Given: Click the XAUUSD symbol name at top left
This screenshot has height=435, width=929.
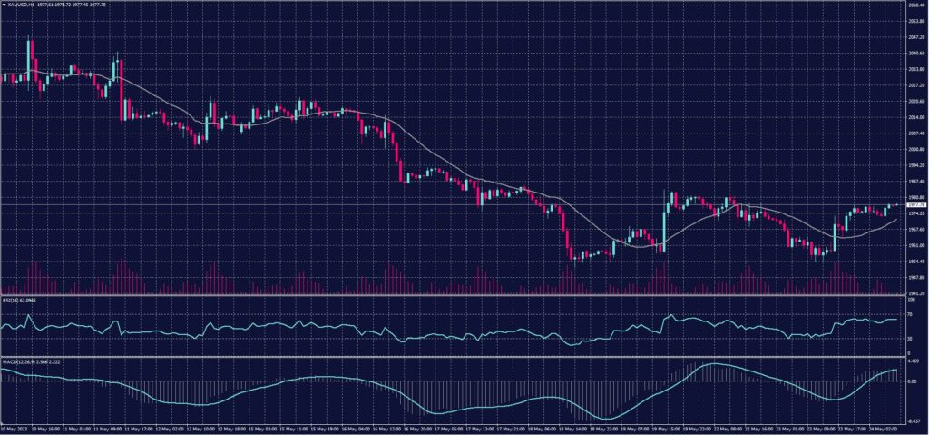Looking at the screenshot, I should tap(19, 5).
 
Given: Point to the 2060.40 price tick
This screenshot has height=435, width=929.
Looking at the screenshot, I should tap(916, 5).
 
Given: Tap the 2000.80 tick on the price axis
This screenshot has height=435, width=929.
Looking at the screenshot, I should tap(916, 150).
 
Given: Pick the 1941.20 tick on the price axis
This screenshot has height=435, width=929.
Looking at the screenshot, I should tap(916, 293).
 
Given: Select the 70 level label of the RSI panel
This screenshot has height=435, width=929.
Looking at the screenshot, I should tap(910, 312).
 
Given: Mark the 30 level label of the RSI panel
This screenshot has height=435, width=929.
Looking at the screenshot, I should tap(910, 339).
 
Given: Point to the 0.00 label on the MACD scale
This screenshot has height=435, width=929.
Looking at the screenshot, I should tap(912, 381).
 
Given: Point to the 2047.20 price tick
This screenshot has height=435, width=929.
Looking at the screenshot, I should tap(916, 37).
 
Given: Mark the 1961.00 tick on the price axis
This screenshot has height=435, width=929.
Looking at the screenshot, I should tap(916, 245).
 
